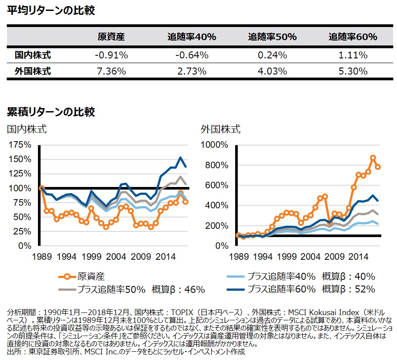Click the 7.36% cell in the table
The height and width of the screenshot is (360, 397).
[x=111, y=71]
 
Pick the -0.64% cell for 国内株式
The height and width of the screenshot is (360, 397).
[x=192, y=55]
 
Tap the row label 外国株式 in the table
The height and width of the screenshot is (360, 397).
[x=33, y=71]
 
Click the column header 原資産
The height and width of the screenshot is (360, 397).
[x=111, y=37]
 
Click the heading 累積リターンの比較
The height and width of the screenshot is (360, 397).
[x=51, y=112]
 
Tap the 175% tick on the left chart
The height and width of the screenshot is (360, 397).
[x=20, y=145]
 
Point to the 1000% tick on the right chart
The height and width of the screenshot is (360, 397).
[x=215, y=145]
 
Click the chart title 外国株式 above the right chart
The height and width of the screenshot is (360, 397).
[x=221, y=129]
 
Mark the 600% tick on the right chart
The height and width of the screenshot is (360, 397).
[x=217, y=185]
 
